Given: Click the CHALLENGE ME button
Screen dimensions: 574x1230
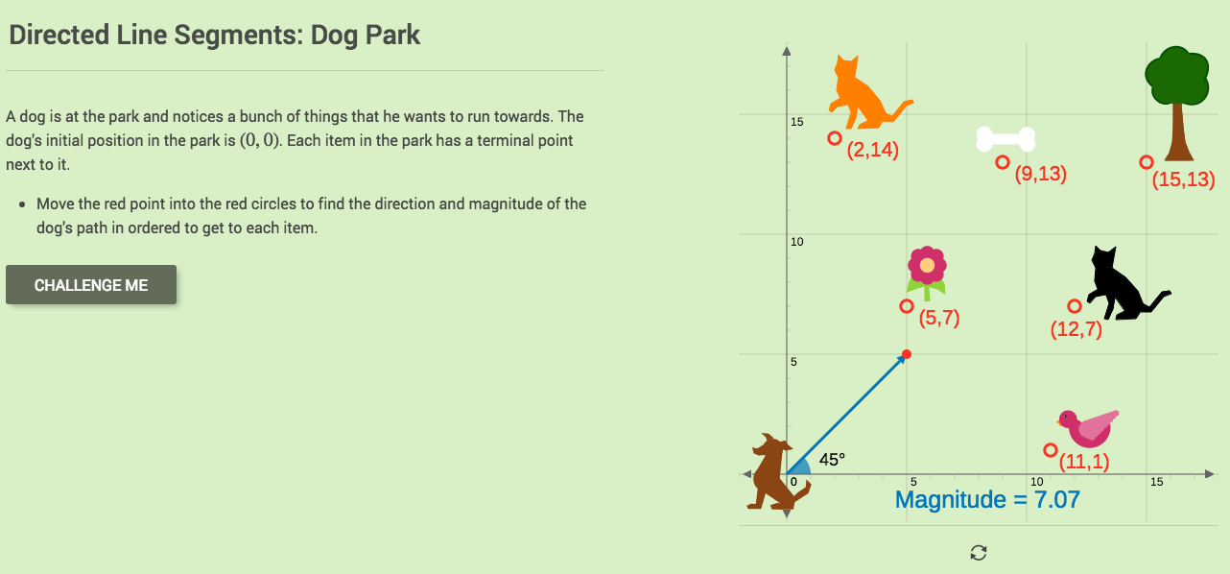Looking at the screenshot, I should (91, 285).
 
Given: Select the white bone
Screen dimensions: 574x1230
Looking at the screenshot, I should (1005, 139).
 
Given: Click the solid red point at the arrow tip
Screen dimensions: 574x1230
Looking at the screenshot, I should (907, 355).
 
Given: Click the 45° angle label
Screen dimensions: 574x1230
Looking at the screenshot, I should (832, 460).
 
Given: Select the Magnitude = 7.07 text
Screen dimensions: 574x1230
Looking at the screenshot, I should (987, 500).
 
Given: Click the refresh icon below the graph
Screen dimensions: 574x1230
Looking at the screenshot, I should (979, 552).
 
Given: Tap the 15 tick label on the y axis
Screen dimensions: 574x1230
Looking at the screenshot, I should (796, 122).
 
